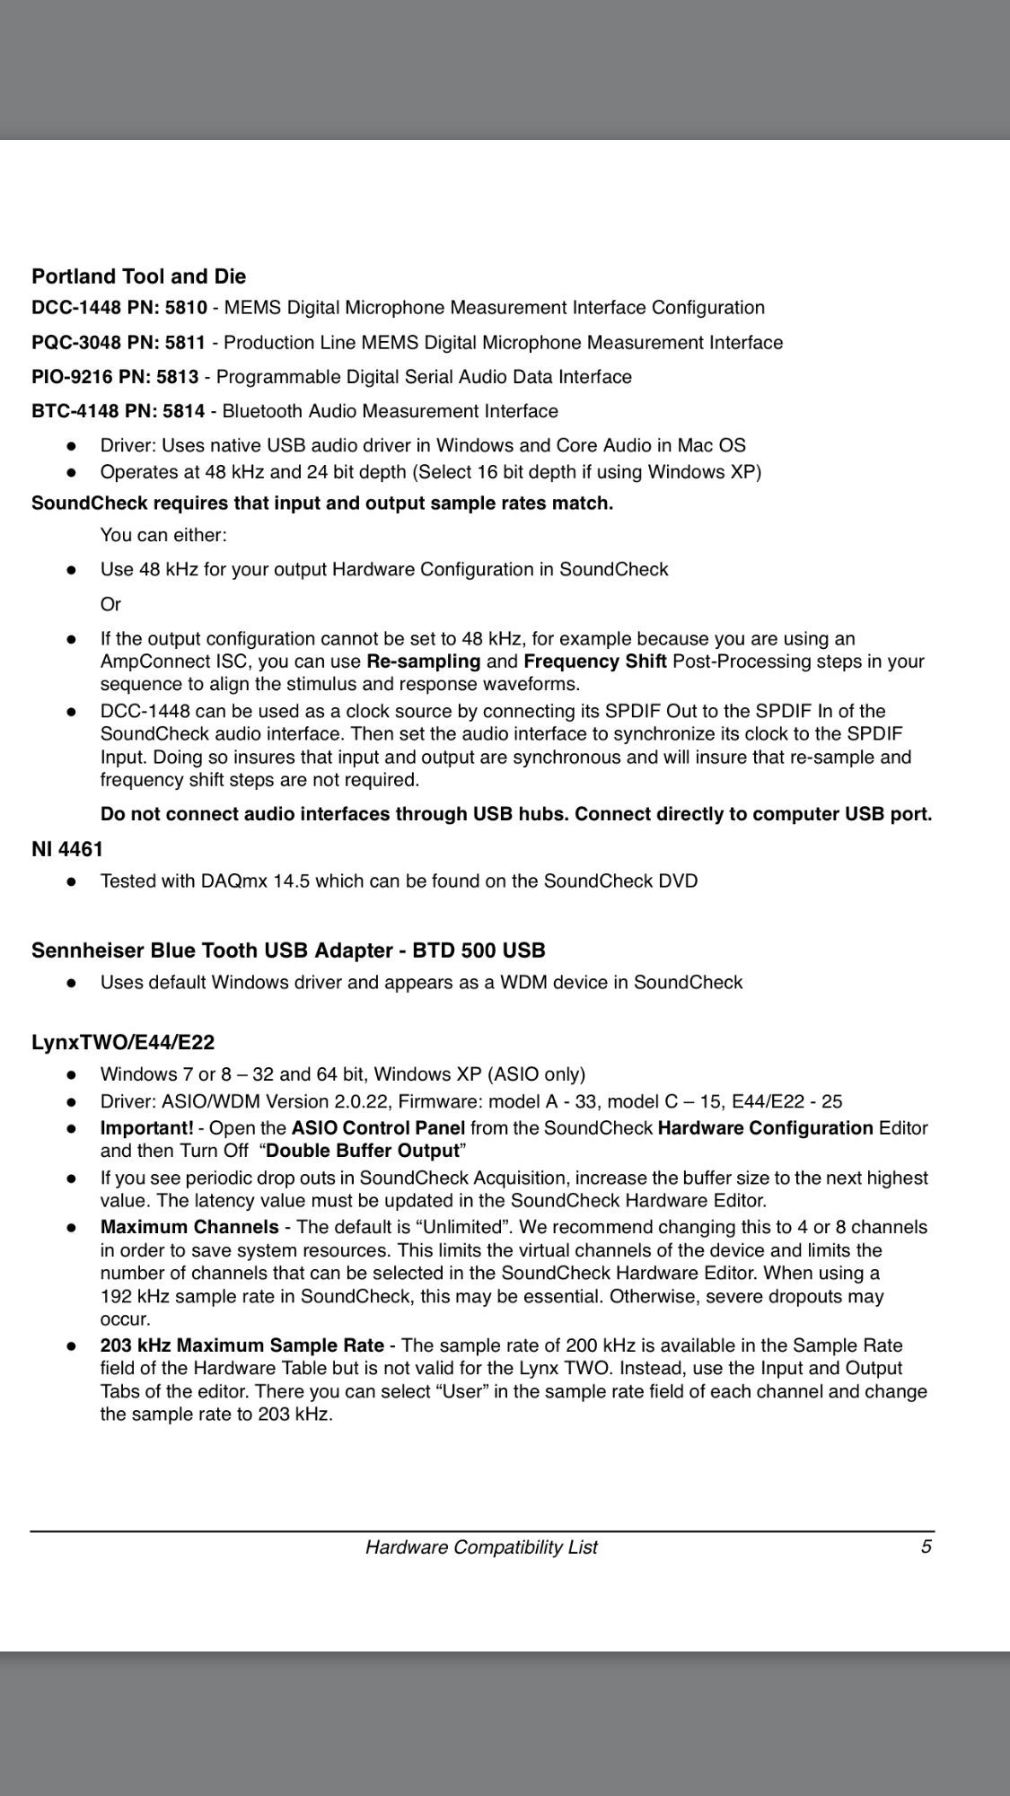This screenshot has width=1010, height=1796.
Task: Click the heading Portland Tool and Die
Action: [138, 276]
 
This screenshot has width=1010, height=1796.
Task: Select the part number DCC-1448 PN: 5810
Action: [119, 308]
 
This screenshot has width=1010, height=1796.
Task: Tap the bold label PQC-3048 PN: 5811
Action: [119, 343]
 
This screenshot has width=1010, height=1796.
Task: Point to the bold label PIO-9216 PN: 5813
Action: [115, 377]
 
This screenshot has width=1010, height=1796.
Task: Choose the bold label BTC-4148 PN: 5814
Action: [119, 411]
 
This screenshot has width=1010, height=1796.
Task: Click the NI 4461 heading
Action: [67, 849]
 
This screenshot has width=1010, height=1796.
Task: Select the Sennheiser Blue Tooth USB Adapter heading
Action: [288, 951]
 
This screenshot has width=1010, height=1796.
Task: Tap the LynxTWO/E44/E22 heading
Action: [123, 1042]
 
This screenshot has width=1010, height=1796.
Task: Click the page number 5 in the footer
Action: [926, 1546]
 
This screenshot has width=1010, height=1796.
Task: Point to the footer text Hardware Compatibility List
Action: [481, 1547]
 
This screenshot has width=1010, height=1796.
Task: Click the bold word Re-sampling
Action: [424, 661]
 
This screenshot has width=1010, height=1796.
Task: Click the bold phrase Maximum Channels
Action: [189, 1227]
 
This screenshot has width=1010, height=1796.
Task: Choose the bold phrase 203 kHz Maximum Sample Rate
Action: [242, 1345]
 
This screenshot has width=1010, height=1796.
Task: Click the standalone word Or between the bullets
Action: [110, 604]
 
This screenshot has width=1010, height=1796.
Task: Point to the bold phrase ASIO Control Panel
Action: [378, 1128]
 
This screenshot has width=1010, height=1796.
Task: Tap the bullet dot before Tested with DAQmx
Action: [70, 881]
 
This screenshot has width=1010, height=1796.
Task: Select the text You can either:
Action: [163, 535]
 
